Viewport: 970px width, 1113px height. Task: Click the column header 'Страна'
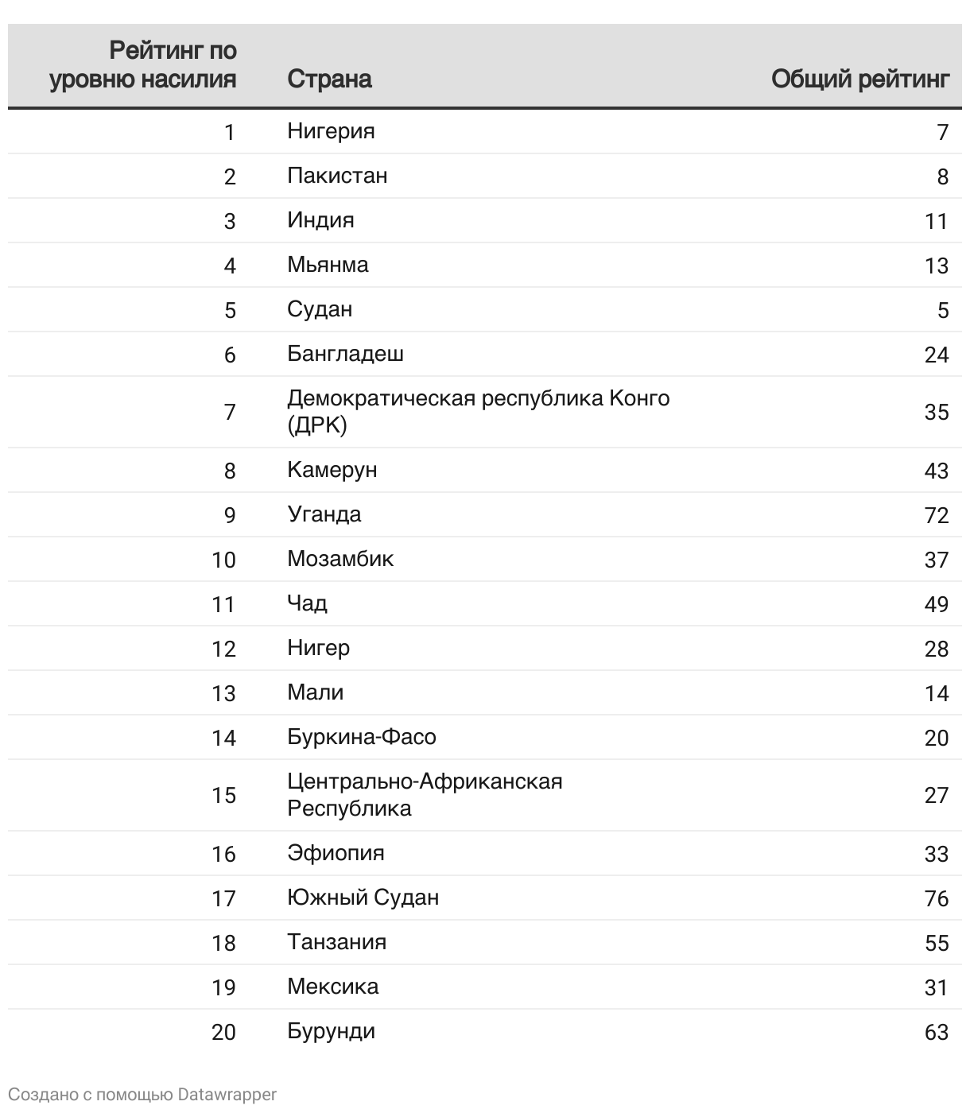(329, 79)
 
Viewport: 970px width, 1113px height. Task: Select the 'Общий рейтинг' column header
(860, 79)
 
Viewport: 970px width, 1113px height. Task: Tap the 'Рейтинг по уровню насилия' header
(143, 64)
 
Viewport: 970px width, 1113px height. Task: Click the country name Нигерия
(331, 130)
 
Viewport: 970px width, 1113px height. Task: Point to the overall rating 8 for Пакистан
(942, 176)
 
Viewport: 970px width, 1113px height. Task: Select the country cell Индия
(320, 219)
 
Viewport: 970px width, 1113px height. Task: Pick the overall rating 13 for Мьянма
(937, 265)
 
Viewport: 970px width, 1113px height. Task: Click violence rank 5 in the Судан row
(230, 309)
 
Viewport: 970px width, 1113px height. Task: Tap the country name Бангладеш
(345, 353)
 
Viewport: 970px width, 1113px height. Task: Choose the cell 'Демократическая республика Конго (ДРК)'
(478, 411)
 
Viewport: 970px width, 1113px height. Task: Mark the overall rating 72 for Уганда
(937, 515)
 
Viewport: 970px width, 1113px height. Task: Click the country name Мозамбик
(340, 559)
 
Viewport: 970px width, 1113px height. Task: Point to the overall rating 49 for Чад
(937, 604)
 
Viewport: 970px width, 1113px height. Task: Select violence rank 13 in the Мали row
(223, 693)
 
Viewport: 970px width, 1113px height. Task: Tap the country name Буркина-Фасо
(362, 737)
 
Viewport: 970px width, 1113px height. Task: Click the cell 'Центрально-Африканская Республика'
(425, 794)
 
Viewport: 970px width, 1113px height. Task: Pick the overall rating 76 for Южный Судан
(937, 898)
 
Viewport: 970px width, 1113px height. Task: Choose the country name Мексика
(332, 987)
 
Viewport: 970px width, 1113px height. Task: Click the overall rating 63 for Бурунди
(937, 1032)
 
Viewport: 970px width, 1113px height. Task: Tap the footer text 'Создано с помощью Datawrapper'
(142, 1095)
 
